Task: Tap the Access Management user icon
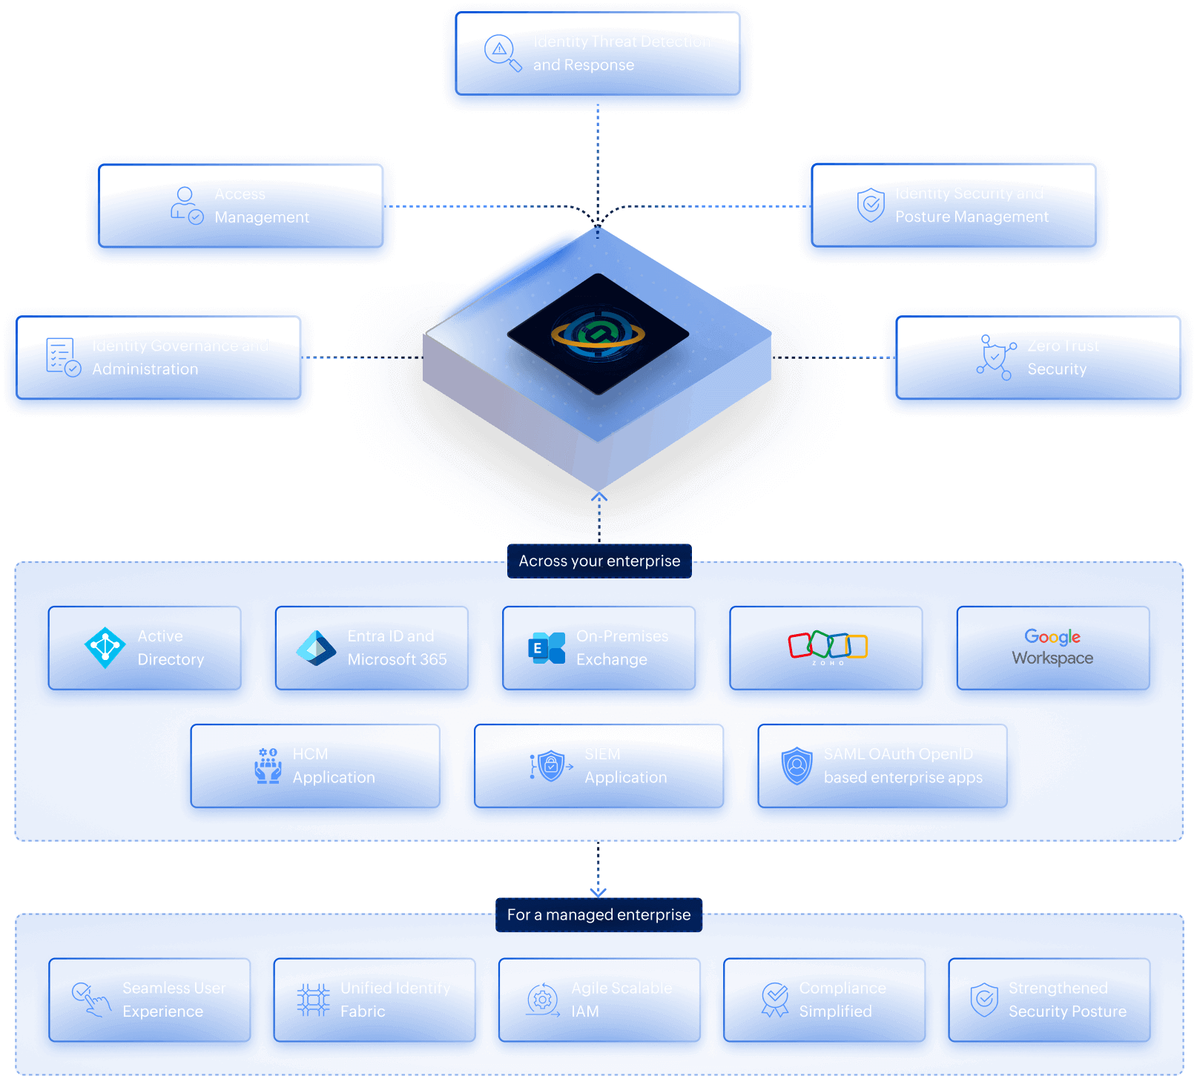tap(186, 205)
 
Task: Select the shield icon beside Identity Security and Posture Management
tap(871, 205)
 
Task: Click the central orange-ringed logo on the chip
tap(598, 334)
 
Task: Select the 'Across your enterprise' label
tap(599, 561)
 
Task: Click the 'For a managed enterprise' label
tap(598, 914)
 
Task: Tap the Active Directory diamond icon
tap(105, 647)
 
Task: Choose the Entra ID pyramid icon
tap(316, 647)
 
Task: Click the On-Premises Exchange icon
tap(548, 647)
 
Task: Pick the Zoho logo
tap(828, 647)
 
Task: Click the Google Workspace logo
tap(1052, 647)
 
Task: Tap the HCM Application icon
tap(268, 765)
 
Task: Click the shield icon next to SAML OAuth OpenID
tap(797, 765)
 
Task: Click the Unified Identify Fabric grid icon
tap(313, 1000)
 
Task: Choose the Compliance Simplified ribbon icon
tap(775, 1000)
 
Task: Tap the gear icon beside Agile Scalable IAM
tap(542, 1000)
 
